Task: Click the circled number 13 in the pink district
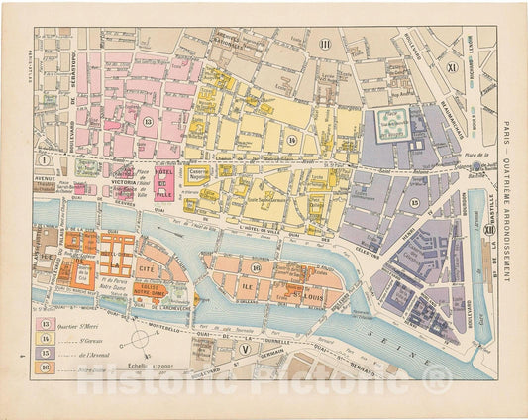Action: tap(147, 121)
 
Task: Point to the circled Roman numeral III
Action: tap(324, 42)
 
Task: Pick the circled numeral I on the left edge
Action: tap(43, 158)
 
